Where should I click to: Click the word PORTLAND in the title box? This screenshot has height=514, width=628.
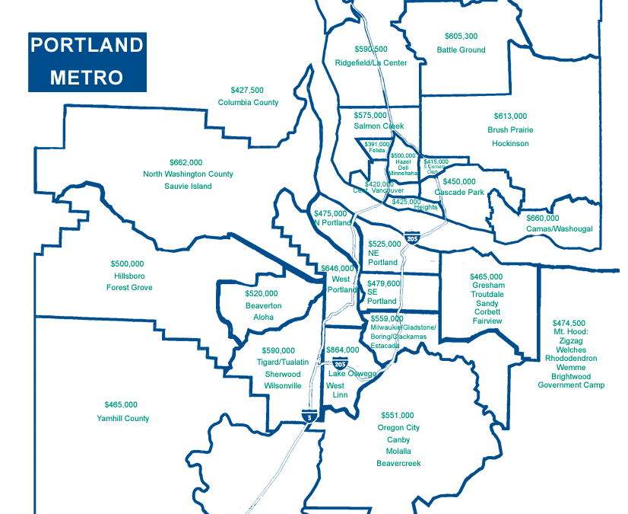86,45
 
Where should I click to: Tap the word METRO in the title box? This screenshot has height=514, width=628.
87,77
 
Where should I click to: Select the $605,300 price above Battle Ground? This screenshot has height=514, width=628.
461,37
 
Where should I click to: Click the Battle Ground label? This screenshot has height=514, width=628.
461,50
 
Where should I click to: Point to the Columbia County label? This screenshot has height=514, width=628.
248,102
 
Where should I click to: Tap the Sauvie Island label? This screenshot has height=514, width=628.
188,186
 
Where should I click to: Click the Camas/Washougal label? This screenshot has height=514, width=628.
559,228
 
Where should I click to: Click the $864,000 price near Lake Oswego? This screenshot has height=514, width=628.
342,350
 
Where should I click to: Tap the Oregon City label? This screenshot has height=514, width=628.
398,428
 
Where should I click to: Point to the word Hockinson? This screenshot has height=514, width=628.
510,143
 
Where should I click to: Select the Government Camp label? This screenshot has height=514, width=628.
571,385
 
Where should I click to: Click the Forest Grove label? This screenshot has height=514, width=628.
129,287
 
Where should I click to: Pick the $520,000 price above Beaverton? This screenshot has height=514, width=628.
262,293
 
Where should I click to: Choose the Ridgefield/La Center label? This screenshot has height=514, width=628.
371,62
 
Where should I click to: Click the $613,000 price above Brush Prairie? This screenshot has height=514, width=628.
510,117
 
